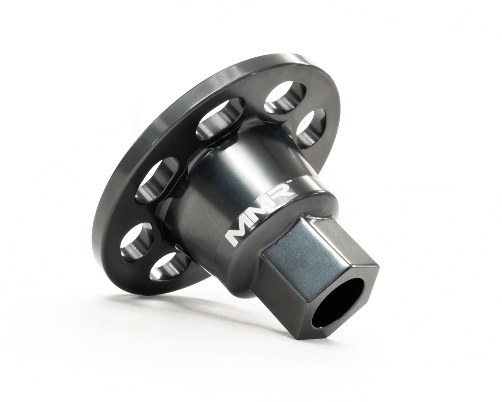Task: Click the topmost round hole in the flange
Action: point(286,96)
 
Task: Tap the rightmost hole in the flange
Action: point(311,127)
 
